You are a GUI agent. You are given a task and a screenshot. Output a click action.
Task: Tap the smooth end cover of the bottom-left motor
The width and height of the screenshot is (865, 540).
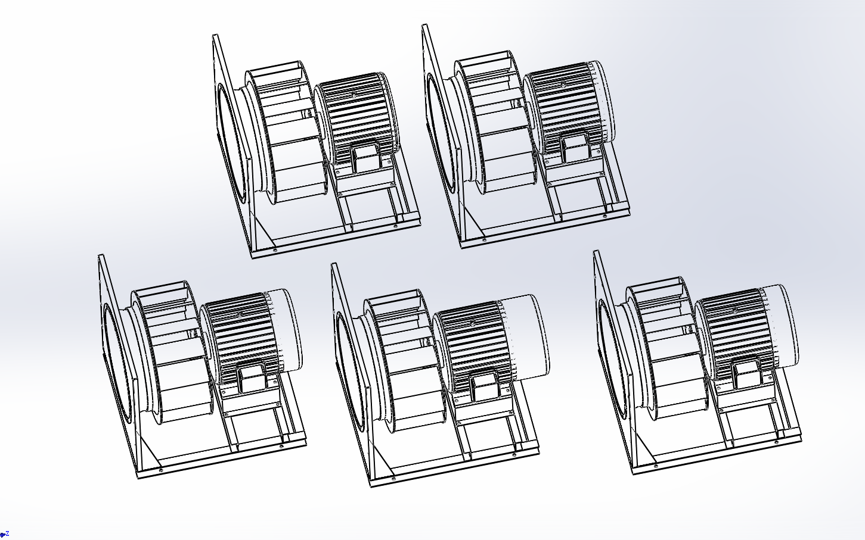click(285, 330)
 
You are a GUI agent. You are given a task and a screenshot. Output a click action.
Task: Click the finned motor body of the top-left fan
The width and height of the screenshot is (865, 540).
click(355, 116)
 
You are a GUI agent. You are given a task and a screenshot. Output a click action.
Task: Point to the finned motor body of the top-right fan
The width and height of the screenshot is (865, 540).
click(568, 105)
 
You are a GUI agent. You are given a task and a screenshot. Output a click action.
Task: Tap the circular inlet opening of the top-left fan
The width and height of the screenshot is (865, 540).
click(231, 143)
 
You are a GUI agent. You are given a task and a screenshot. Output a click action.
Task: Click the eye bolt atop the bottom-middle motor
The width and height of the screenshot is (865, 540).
click(472, 323)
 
